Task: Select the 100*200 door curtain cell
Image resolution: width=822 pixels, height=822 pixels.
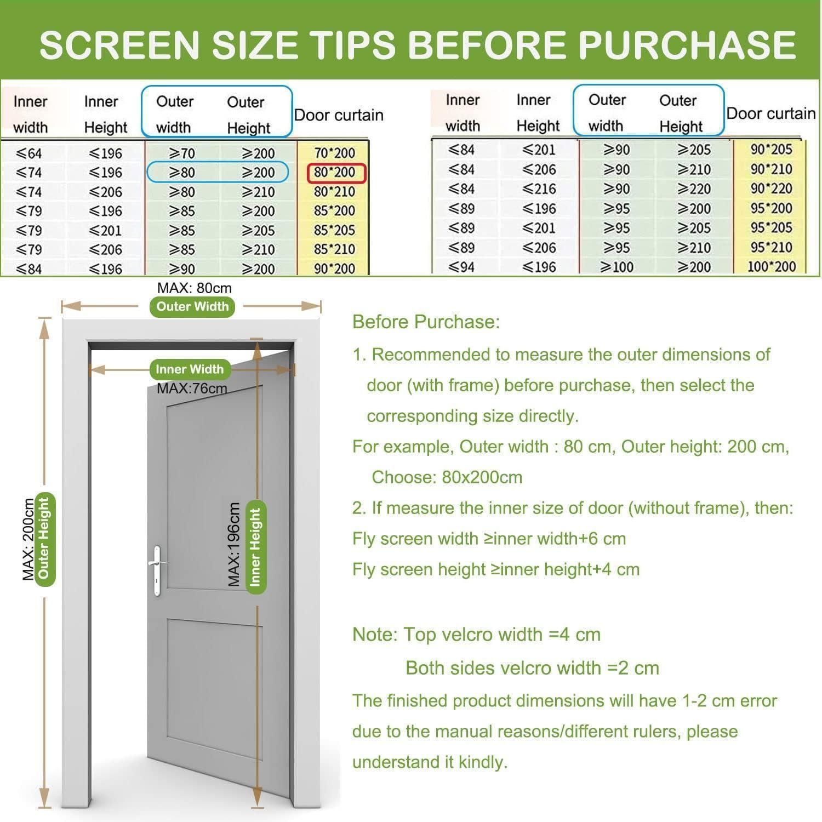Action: click(771, 267)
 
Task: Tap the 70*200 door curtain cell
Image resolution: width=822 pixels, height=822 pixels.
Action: click(334, 153)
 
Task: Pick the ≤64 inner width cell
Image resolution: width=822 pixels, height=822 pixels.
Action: click(28, 153)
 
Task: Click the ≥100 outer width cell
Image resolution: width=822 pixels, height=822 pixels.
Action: click(616, 267)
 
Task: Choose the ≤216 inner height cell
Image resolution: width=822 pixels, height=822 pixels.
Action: click(539, 189)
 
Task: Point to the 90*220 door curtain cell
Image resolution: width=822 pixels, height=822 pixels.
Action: click(771, 189)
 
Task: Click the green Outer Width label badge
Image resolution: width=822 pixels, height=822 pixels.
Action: click(192, 306)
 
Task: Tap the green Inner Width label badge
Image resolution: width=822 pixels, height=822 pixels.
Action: click(190, 369)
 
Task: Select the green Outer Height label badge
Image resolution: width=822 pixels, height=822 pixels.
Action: click(44, 536)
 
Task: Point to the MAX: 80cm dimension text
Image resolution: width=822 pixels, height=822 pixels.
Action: click(195, 288)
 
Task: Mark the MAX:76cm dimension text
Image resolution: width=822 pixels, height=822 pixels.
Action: click(192, 389)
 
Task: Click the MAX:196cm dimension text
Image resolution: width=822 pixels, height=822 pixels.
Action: click(234, 544)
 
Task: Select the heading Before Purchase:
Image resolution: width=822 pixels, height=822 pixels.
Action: click(426, 322)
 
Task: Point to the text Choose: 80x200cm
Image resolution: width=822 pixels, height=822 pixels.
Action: click(447, 477)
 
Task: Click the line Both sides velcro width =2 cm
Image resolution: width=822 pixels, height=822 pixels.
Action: click(532, 668)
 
